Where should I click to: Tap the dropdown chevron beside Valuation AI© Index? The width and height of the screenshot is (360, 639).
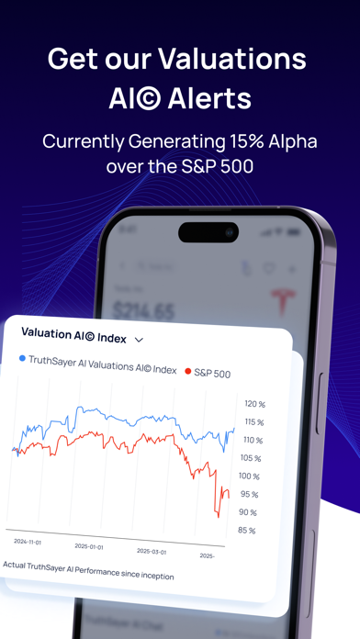[x=139, y=339]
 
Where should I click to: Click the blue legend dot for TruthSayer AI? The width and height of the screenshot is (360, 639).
[x=22, y=360]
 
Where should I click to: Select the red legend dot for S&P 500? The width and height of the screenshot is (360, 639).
[x=188, y=372]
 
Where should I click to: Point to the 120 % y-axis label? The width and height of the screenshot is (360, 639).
[x=254, y=404]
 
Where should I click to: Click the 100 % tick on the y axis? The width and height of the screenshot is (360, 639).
[x=249, y=476]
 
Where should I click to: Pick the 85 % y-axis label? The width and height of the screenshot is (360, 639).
[x=246, y=531]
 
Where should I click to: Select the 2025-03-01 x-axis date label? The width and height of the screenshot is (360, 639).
[x=152, y=552]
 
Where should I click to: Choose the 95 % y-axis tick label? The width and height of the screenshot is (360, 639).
[x=248, y=494]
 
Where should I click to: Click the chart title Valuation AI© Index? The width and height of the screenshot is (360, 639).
[x=73, y=333]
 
